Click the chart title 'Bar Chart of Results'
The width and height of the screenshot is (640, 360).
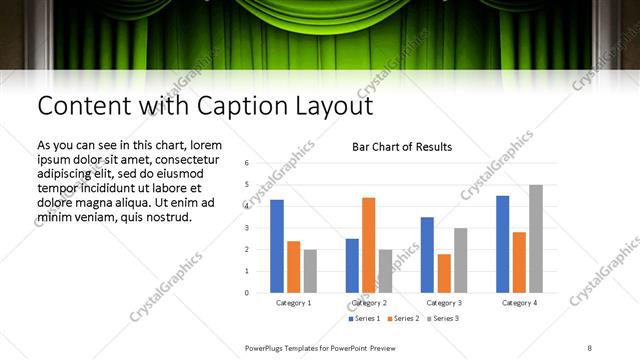(x=402, y=147)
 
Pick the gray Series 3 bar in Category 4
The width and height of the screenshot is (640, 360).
(x=536, y=239)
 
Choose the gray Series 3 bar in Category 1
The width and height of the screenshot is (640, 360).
(x=310, y=271)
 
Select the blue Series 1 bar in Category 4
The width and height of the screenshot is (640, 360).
(x=503, y=244)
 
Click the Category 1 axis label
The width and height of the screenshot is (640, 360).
(x=293, y=302)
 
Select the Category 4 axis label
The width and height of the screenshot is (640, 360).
(x=519, y=302)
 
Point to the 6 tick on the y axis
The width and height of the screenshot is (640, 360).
(x=246, y=162)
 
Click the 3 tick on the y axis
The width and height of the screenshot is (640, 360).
(x=246, y=228)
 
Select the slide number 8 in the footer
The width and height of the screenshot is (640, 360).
(x=590, y=347)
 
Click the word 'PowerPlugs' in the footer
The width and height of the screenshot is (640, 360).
(x=266, y=347)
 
